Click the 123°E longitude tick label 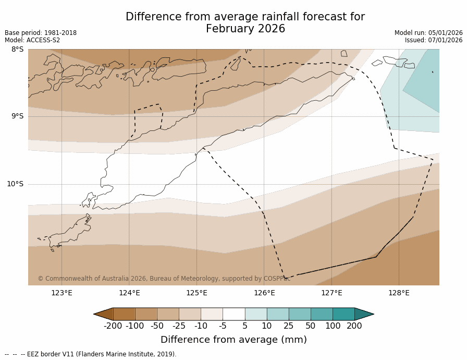(62, 293)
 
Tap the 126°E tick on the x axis (264, 293)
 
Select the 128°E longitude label (399, 293)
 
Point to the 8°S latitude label (17, 50)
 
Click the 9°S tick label (17, 116)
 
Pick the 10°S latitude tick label (15, 184)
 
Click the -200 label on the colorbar (113, 326)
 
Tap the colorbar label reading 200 (354, 326)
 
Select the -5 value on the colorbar (223, 326)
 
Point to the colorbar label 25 (288, 326)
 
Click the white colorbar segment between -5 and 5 (233, 314)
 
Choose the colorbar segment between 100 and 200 (343, 314)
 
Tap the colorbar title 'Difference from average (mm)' (233, 340)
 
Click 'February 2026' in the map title (245, 29)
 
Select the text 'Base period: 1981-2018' (41, 33)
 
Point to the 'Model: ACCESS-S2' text (32, 40)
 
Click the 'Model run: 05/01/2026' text (428, 33)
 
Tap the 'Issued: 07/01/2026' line (434, 40)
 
